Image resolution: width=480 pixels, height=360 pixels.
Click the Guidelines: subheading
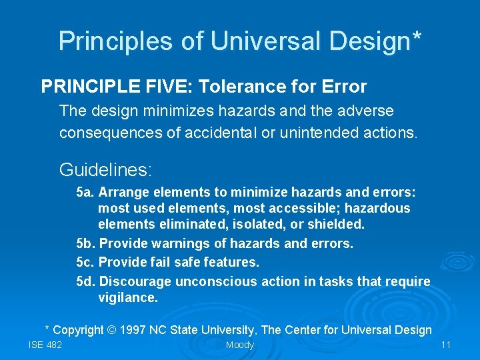coord(106,170)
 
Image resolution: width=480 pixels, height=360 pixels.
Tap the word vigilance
coord(128,297)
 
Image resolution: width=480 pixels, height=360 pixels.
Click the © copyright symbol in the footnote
coord(111,330)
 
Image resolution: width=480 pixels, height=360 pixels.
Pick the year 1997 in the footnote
coord(132,330)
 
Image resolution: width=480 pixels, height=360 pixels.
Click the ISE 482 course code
coord(45,345)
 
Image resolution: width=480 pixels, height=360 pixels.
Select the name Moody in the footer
coord(240,345)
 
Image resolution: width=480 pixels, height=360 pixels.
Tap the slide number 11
coord(447,345)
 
